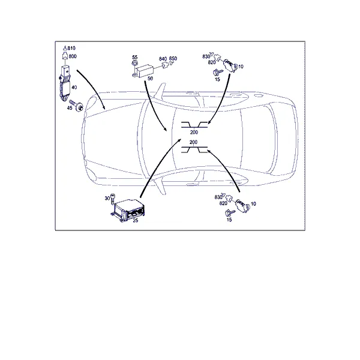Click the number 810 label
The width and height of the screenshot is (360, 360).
point(71,48)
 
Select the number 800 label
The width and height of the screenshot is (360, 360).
point(73,56)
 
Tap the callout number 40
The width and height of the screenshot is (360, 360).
point(74,88)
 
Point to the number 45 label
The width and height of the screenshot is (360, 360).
point(70,108)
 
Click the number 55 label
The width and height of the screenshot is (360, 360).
point(135,57)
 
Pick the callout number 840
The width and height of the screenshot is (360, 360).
point(163,59)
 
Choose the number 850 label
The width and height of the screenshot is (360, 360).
point(173,58)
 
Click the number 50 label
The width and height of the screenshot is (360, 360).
point(150,78)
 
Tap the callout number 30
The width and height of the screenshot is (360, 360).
point(107,198)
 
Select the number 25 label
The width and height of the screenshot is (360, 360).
point(136,220)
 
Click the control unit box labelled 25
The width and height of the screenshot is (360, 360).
point(128,211)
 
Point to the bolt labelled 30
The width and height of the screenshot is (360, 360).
point(113,199)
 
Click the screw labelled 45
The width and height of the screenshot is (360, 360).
point(77,105)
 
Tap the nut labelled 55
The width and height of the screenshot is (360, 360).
point(134,64)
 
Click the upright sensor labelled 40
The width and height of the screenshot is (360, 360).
point(65,83)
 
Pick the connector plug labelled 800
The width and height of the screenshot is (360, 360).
point(65,56)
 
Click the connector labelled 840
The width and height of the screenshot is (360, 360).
point(164,65)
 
